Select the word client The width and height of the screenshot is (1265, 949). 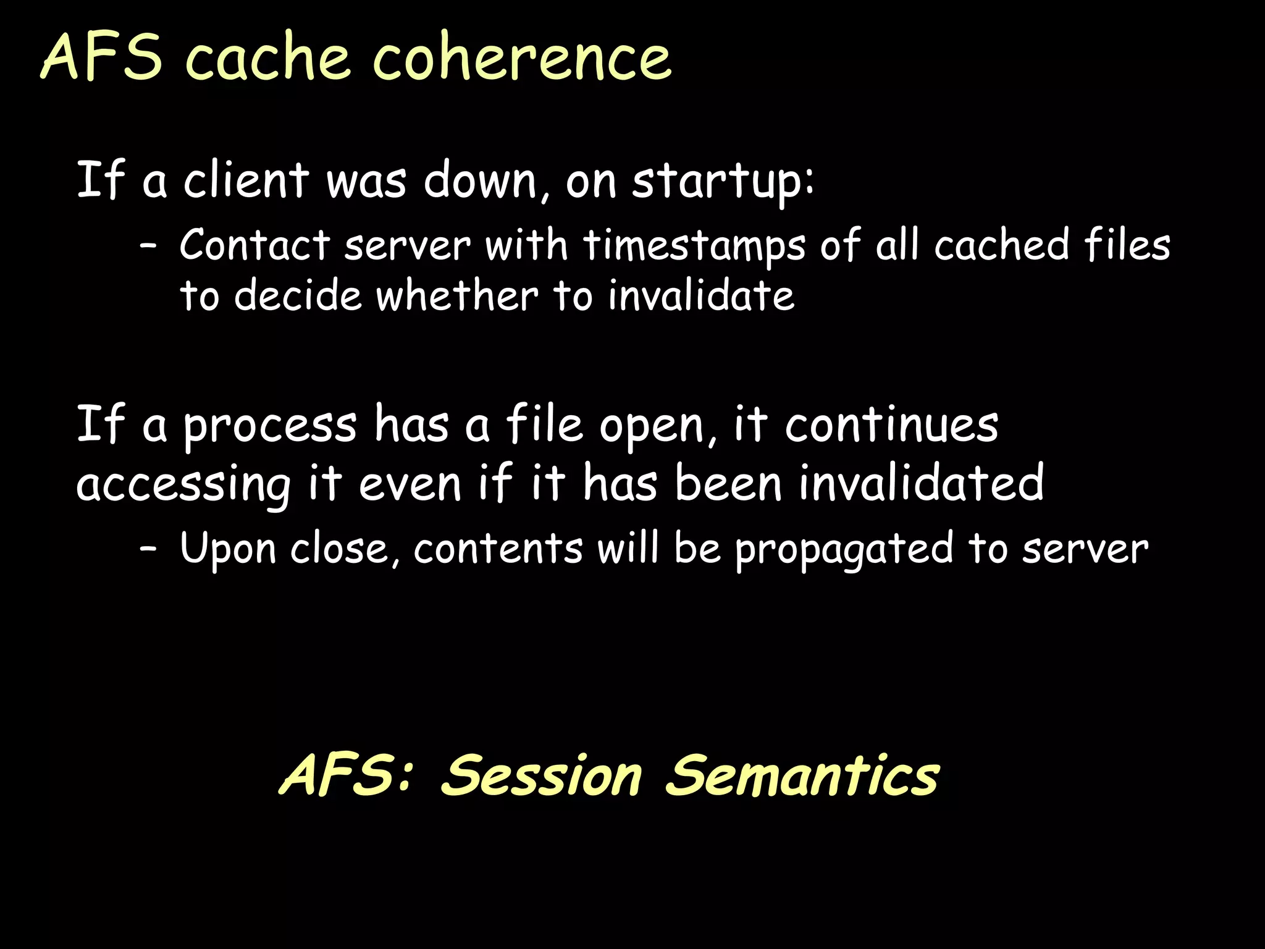coord(246,180)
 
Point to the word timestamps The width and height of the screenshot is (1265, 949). coord(694,246)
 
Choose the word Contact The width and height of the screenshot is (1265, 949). coord(254,245)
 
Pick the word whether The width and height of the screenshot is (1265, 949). coord(457,295)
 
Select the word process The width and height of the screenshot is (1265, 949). coord(270,426)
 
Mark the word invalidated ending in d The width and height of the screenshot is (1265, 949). coord(921,483)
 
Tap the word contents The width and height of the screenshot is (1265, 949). coord(498,549)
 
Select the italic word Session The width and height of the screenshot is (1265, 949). coord(542,775)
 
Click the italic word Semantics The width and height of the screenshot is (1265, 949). coord(802,775)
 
